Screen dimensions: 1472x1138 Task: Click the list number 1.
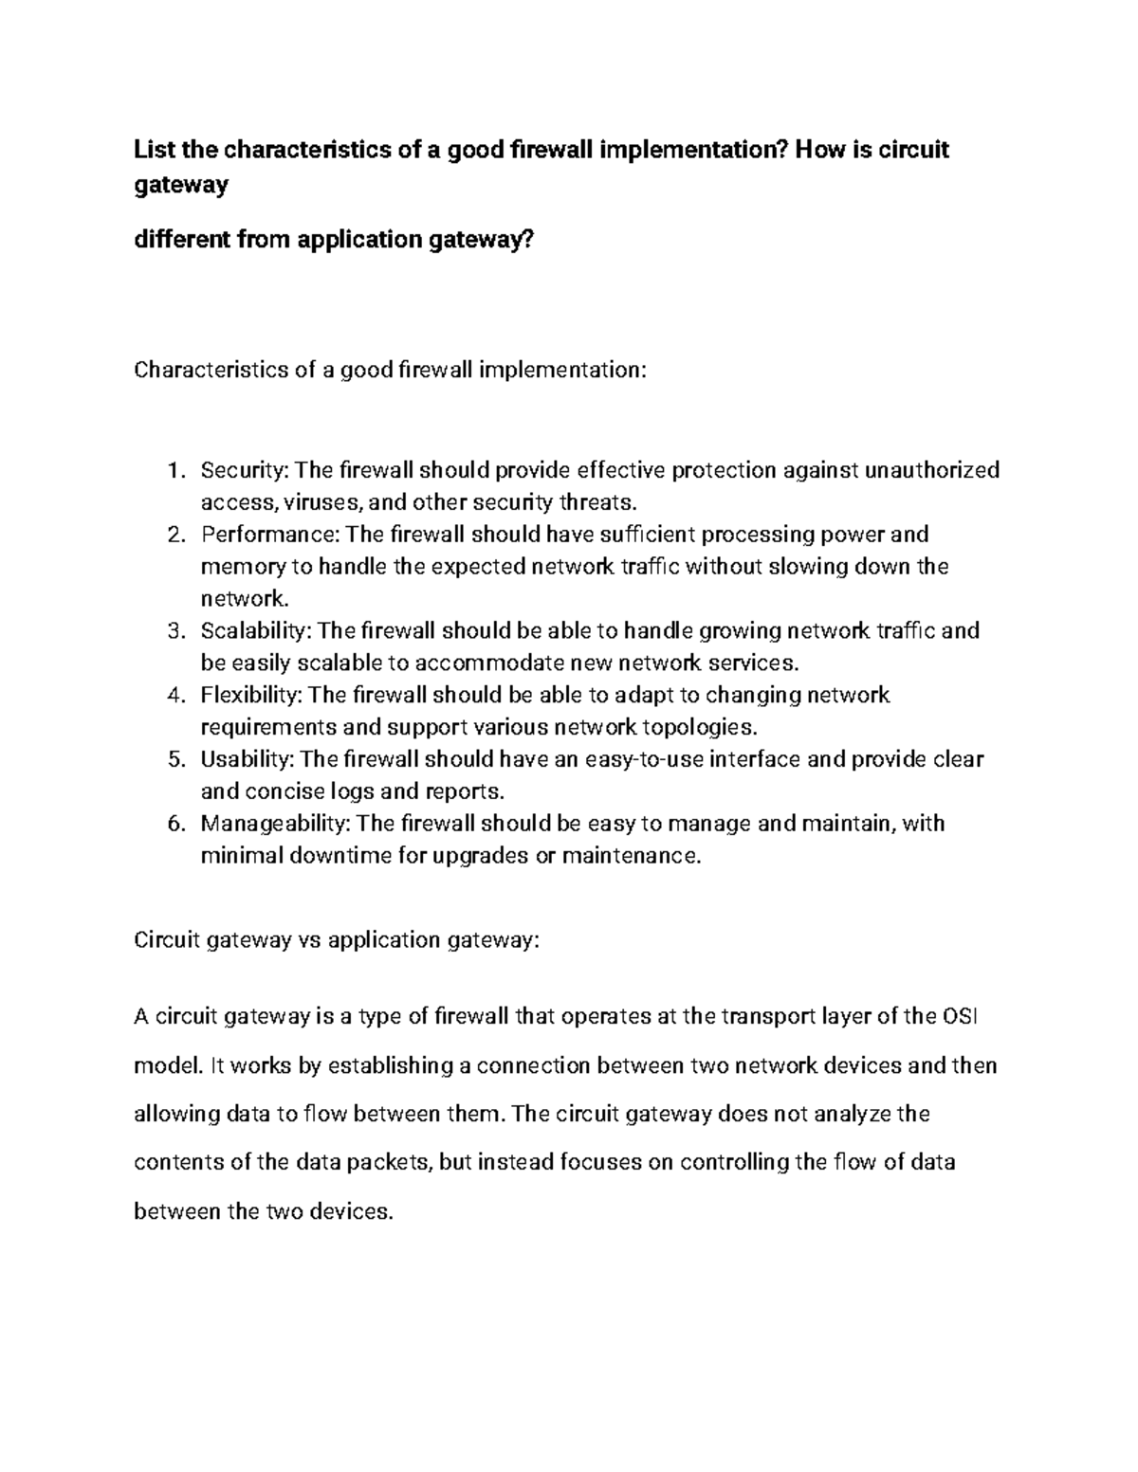[x=174, y=470]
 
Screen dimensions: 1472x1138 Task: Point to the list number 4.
[x=174, y=696]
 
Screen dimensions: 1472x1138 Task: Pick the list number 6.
[x=174, y=824]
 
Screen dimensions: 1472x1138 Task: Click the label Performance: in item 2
[x=270, y=535]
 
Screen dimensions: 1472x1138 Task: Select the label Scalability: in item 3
[x=255, y=631]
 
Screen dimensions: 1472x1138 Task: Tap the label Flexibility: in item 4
[x=251, y=696]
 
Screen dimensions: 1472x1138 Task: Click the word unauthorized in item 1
[x=931, y=470]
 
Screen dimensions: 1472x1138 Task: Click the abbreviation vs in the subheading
[x=310, y=940]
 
